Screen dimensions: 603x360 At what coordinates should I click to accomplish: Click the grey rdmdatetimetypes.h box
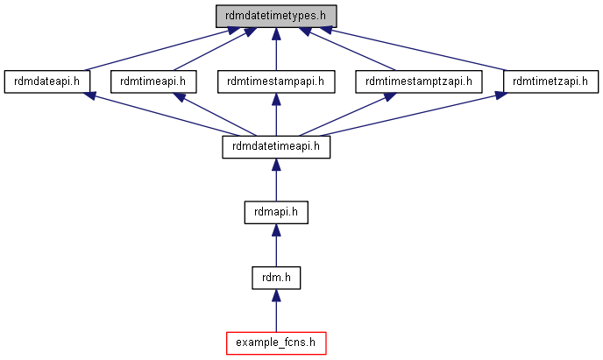pos(276,16)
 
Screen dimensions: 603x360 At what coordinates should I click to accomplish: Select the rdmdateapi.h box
pos(47,81)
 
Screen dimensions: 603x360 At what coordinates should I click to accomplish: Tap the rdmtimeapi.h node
pos(153,81)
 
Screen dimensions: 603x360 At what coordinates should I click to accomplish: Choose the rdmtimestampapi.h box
pos(276,81)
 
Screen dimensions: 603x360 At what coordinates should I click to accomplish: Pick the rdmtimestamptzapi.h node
pos(419,81)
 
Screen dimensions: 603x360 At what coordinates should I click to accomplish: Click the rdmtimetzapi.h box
pos(550,81)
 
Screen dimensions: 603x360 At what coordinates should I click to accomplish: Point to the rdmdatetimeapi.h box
pos(276,147)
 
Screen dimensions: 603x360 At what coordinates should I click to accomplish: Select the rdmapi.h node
pos(276,212)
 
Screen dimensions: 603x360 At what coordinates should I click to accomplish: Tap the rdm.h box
pos(276,278)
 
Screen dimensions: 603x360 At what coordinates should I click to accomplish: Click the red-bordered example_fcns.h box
pos(276,343)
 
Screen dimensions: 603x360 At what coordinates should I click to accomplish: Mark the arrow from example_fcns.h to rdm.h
pos(276,310)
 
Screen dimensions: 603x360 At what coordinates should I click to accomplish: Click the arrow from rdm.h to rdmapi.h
pos(276,245)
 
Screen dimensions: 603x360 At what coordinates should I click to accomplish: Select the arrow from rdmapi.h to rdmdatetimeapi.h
pos(276,180)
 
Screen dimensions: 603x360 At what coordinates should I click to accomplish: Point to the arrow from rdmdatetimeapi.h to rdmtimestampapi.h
pos(276,114)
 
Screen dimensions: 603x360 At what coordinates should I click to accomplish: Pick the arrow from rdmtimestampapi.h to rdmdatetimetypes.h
pos(276,49)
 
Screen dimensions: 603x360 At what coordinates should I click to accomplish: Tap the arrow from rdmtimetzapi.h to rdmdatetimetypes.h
pos(413,49)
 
